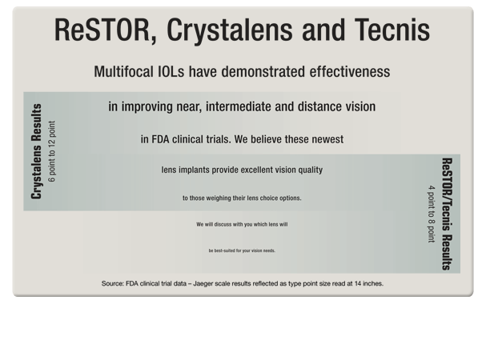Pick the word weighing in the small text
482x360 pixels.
[220, 198]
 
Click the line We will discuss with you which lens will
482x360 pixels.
[241, 225]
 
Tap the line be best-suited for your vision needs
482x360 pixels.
[241, 251]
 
